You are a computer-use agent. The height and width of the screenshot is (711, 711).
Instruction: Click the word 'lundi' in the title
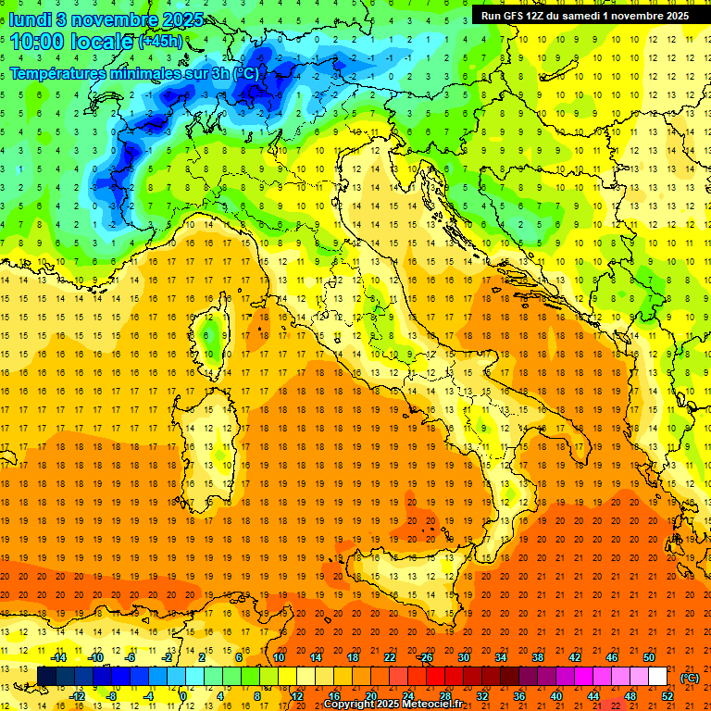[x=29, y=19]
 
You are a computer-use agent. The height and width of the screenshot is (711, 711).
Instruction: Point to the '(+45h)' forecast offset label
[x=160, y=42]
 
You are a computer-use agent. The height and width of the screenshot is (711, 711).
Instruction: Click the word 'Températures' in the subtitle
[x=58, y=72]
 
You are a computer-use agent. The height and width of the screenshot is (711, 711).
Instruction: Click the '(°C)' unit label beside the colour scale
[x=690, y=678]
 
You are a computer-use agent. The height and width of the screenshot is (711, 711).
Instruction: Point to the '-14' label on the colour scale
[x=58, y=657]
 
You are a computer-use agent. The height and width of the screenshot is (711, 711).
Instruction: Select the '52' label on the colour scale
[x=667, y=696]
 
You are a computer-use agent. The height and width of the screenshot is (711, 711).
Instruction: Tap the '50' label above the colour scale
[x=649, y=657]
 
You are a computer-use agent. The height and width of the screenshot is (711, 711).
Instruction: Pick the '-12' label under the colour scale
[x=78, y=696]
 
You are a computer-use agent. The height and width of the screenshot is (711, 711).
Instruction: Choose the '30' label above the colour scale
[x=464, y=657]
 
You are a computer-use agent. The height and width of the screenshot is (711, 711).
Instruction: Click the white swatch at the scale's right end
[x=657, y=677]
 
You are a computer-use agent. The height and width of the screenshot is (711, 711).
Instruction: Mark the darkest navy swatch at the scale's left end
[x=46, y=677]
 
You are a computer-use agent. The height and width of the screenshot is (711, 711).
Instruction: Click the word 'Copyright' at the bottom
[x=350, y=705]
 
